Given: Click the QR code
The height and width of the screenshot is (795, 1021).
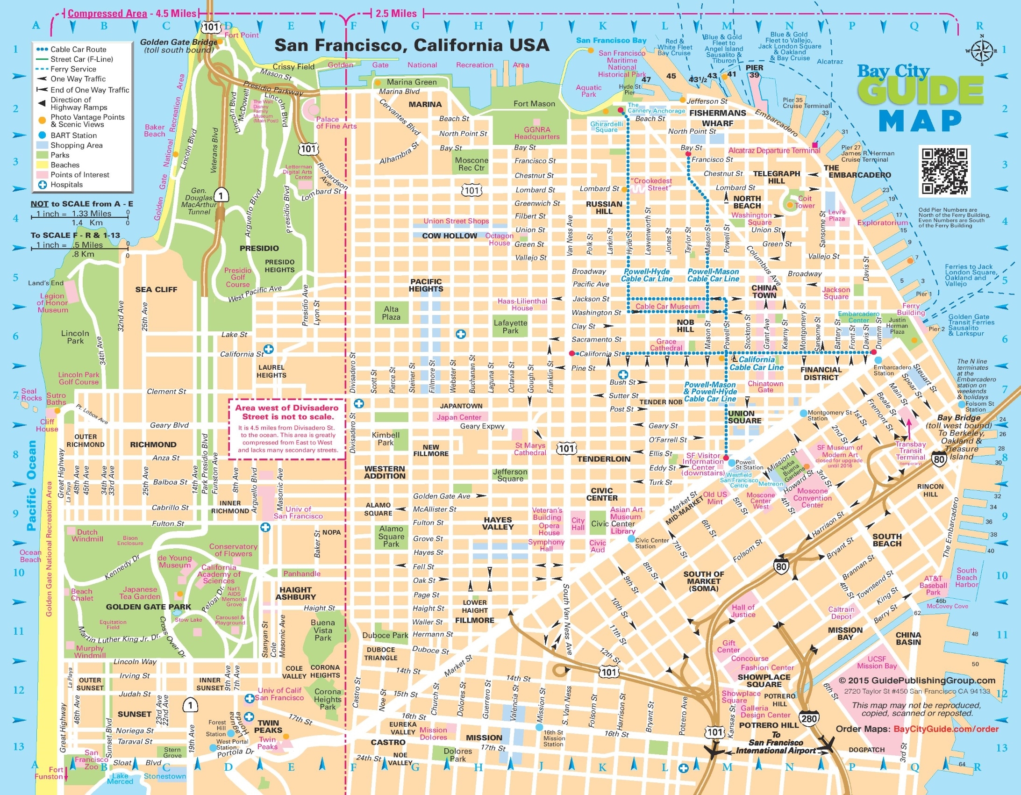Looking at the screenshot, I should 944,171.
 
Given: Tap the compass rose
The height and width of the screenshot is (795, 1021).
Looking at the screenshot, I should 982,50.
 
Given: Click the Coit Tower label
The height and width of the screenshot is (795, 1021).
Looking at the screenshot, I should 805,201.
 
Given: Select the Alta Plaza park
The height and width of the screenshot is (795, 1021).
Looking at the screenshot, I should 391,313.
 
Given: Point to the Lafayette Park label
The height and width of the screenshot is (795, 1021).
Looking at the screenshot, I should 510,326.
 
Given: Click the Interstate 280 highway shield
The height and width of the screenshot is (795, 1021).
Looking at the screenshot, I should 809,719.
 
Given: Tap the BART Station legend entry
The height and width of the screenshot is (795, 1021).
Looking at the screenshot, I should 73,135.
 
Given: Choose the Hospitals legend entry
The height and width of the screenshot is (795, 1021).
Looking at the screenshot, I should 66,185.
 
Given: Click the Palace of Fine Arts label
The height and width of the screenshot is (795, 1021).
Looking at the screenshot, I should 336,122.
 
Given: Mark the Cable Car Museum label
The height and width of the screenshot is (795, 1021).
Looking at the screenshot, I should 667,306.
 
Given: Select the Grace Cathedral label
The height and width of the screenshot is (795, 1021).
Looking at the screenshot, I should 666,344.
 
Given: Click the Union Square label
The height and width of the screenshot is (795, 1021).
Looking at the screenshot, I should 744,417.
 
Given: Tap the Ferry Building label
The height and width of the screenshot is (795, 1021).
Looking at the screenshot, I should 911,308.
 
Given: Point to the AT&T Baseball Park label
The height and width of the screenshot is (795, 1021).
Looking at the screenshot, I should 933,585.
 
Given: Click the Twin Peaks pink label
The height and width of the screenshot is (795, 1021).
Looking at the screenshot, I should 267,743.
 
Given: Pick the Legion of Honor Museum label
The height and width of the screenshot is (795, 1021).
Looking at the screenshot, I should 52,302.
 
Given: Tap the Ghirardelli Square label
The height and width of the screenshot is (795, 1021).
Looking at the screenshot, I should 607,127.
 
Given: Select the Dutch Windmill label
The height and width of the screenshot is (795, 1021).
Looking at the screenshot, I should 87,535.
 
